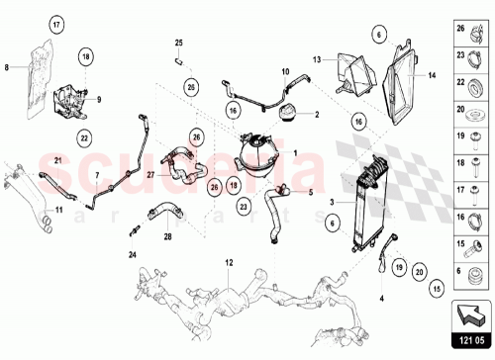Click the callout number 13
coord(318,59)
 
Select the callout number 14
coord(433,75)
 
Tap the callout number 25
coord(179,43)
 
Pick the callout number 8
coord(7,67)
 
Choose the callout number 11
coord(58,211)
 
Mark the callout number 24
coord(133,252)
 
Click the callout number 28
coord(167,237)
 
